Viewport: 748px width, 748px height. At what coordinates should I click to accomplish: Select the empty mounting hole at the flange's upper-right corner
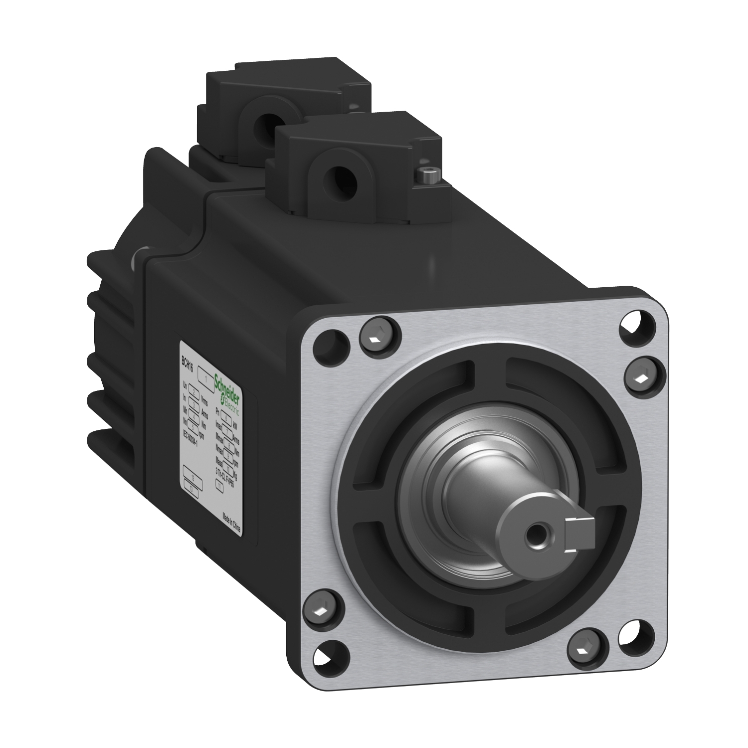point(637,325)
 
